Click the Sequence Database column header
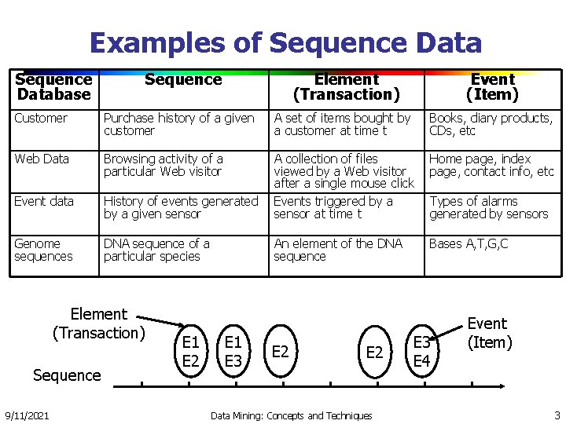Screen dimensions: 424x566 point(53,87)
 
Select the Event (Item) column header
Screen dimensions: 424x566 point(492,87)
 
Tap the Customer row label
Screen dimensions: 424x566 point(41,119)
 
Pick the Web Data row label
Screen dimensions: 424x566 point(42,159)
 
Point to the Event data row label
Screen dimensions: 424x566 point(44,202)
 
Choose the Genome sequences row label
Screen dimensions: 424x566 point(43,250)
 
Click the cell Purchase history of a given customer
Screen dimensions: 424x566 point(179,125)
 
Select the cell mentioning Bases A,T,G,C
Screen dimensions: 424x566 point(469,244)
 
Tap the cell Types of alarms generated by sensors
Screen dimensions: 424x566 point(488,208)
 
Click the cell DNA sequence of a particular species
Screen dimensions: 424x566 point(156,250)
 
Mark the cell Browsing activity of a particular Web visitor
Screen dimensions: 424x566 point(163,166)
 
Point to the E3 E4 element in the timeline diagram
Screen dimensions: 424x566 point(422,352)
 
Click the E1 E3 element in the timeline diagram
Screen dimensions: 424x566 point(233,352)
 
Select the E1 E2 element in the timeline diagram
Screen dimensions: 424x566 point(190,352)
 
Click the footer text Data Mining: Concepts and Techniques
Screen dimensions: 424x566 point(291,415)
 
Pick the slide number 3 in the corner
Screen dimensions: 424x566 point(557,415)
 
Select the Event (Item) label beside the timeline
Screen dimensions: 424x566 point(489,333)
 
